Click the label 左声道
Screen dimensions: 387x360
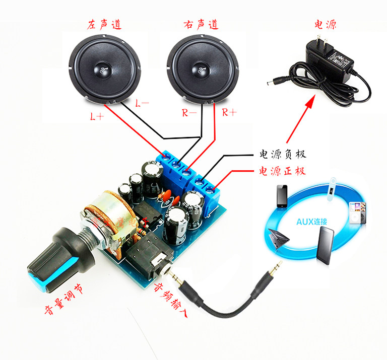pyautogui.click(x=105, y=24)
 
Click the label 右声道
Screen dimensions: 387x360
pyautogui.click(x=201, y=24)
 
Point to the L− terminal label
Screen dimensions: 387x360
pyautogui.click(x=142, y=103)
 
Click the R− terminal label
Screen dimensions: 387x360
pyautogui.click(x=189, y=113)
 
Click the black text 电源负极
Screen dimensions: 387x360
pyautogui.click(x=282, y=154)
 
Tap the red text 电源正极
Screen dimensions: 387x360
pyautogui.click(x=282, y=171)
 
